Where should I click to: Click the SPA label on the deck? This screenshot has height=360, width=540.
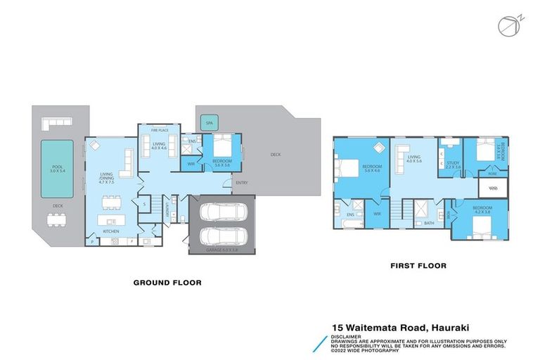click(210, 123)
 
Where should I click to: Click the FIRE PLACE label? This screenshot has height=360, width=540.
click(159, 130)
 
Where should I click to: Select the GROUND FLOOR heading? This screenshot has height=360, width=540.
click(167, 283)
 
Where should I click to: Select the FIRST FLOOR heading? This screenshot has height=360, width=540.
click(419, 266)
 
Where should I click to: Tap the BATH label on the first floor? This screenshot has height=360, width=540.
click(429, 223)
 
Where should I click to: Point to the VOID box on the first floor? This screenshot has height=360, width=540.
click(493, 188)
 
